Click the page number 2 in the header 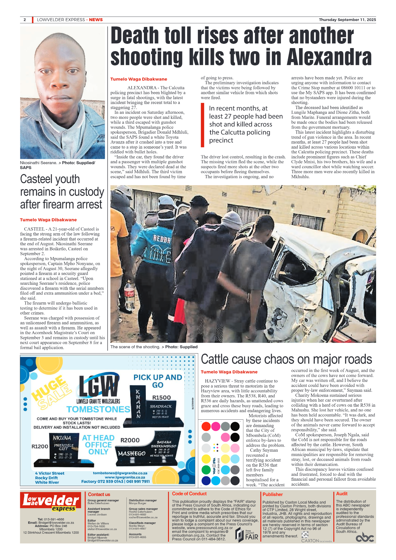tap(25, 20)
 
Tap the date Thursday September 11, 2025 tap(347, 20)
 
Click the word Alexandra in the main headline tap(329, 57)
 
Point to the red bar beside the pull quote tap(202, 125)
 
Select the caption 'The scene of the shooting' tap(135, 347)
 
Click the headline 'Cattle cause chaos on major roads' tap(286, 359)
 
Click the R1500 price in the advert tap(161, 398)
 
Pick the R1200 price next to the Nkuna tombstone tap(40, 446)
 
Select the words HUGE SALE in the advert tap(51, 392)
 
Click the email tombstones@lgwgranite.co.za tap(120, 473)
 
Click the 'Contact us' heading tap(99, 494)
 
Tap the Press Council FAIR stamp tap(247, 535)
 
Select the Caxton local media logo tap(316, 539)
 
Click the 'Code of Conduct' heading tap(189, 494)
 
